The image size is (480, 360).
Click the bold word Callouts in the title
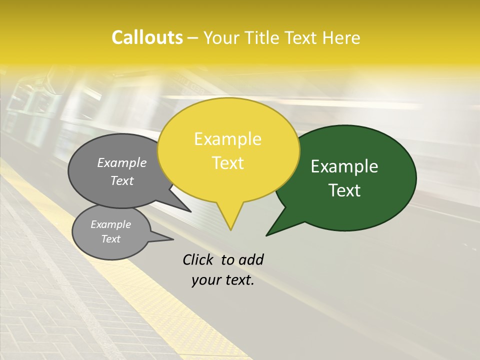click(147, 37)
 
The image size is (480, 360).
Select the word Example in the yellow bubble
click(227, 139)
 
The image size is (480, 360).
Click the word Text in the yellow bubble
click(227, 163)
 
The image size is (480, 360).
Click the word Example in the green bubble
click(344, 166)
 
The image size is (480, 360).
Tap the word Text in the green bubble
click(344, 190)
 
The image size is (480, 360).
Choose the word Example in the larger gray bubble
click(121, 162)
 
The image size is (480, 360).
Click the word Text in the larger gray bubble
click(121, 180)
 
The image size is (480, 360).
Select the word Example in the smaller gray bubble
click(110, 224)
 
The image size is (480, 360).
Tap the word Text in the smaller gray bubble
click(110, 239)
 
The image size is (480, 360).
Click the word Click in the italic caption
click(198, 259)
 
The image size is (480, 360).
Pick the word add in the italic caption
click(251, 259)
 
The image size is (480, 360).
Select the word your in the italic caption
click(206, 280)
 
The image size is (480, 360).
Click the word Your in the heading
click(222, 37)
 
